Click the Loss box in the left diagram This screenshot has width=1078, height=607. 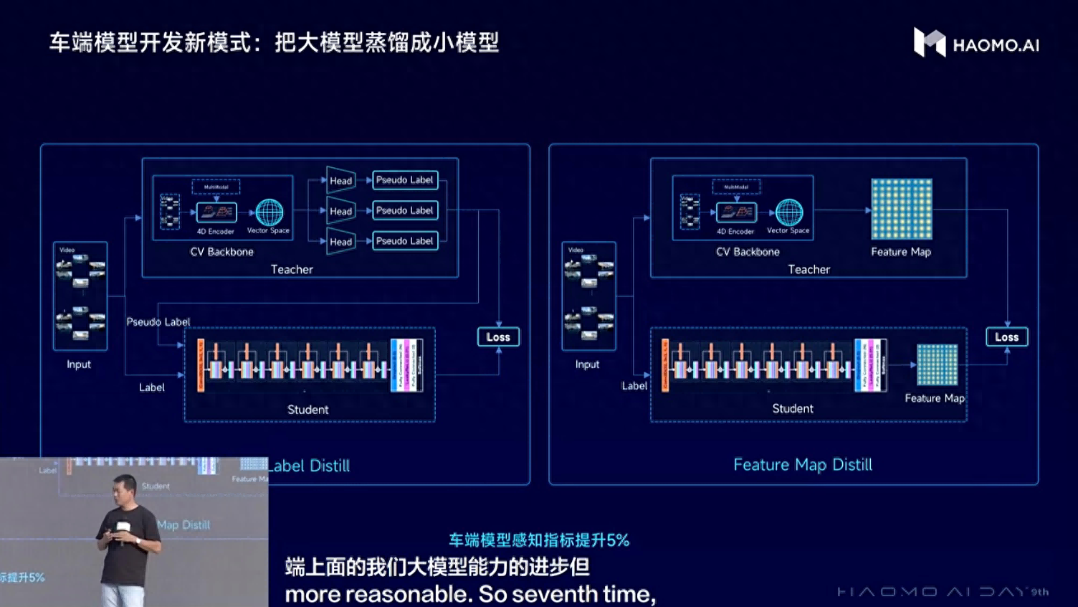tap(498, 337)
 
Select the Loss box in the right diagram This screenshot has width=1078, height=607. tap(1006, 337)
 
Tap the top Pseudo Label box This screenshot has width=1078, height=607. tap(405, 180)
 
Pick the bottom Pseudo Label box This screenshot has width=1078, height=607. tap(405, 241)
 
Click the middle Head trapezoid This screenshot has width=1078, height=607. tap(340, 211)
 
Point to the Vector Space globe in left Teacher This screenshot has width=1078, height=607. tap(269, 213)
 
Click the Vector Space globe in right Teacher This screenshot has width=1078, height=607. tap(789, 213)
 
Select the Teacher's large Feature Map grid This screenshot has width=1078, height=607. tap(901, 209)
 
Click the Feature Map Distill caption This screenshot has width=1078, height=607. tap(803, 465)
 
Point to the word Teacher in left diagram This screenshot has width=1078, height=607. tap(292, 270)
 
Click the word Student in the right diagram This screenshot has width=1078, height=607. tap(793, 409)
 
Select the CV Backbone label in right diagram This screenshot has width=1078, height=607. tap(748, 252)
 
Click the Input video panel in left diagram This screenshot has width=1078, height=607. tap(80, 296)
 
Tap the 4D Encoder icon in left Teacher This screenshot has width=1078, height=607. tap(216, 212)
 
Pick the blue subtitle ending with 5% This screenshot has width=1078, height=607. tap(539, 540)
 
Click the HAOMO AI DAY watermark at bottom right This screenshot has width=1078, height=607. tap(943, 592)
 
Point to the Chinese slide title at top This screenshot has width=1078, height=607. tap(274, 43)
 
